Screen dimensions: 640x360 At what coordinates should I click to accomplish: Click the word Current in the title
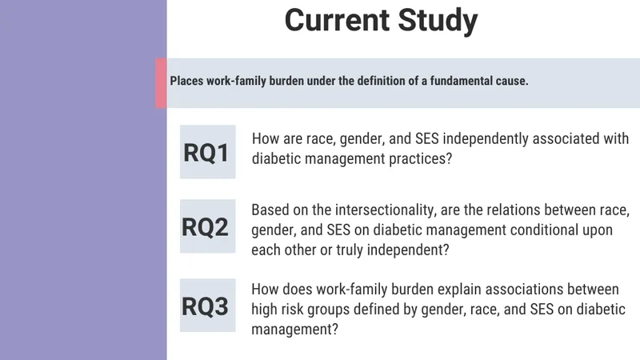click(x=337, y=20)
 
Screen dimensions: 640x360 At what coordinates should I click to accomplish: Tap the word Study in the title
click(x=438, y=22)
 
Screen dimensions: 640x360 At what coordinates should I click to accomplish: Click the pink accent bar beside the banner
click(x=161, y=83)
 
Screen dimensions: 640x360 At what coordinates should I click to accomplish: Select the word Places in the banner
click(x=186, y=81)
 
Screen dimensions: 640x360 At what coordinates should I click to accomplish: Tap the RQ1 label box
click(x=208, y=152)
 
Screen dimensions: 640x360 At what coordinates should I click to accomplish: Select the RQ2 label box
click(x=208, y=226)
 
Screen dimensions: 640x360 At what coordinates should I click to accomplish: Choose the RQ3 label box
click(x=208, y=306)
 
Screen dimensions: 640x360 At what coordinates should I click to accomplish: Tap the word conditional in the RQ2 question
click(x=544, y=230)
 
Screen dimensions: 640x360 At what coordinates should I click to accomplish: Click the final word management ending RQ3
click(x=294, y=330)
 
